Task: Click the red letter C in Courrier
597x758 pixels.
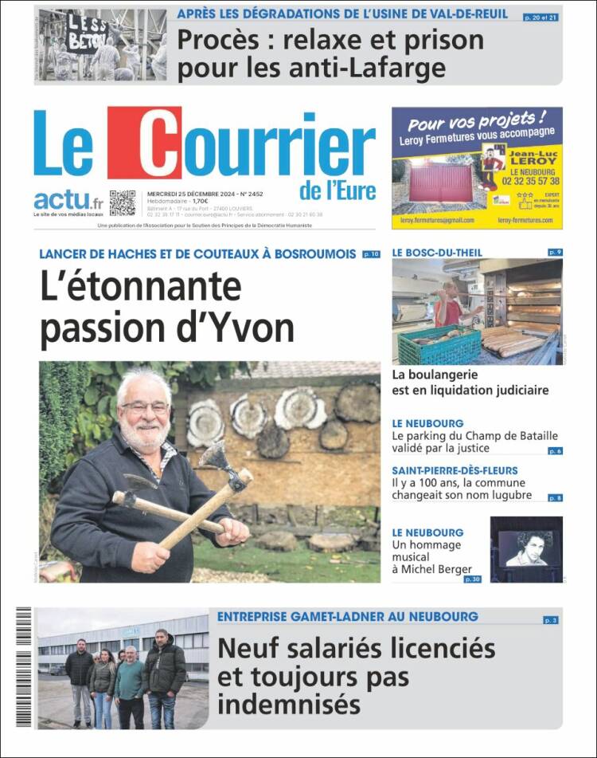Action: point(144,143)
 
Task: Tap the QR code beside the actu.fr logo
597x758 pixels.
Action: point(122,202)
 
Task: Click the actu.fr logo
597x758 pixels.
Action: point(68,201)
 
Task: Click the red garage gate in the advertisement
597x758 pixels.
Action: point(442,184)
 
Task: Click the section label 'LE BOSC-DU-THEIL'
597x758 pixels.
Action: point(437,253)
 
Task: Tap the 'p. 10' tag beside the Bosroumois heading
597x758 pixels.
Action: point(371,254)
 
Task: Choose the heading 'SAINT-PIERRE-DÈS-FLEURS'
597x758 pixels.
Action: point(455,470)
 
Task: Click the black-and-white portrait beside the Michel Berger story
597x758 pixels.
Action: point(526,548)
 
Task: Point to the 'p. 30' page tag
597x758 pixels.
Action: point(472,579)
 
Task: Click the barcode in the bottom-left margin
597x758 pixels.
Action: point(23,666)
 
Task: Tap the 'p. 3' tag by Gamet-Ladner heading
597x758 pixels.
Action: point(551,619)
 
